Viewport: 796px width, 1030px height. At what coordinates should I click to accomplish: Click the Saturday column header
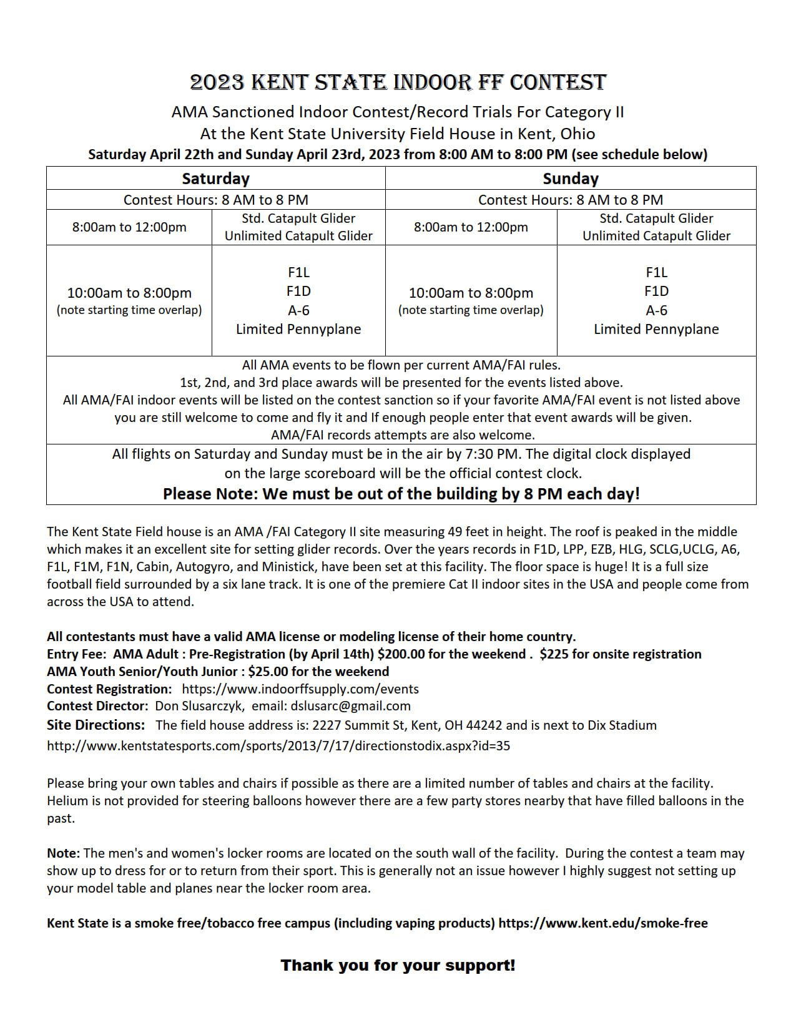pos(215,179)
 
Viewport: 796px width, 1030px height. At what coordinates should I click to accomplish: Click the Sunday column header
pos(570,179)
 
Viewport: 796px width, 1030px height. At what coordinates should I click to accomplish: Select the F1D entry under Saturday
pos(298,292)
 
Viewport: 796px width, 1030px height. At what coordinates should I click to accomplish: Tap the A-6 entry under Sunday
pos(656,310)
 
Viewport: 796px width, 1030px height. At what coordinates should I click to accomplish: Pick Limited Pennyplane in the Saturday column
pos(298,329)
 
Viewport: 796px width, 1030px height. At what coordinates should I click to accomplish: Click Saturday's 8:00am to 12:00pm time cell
pos(129,227)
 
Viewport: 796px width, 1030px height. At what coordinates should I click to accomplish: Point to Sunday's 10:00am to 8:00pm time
pos(471,293)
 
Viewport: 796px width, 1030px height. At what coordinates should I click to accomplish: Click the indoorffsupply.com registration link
pos(300,689)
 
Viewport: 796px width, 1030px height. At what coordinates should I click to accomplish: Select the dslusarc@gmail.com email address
pos(350,706)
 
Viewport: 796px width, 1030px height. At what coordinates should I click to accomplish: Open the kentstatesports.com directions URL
pos(278,745)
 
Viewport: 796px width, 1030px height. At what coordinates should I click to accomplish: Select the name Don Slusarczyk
pos(199,706)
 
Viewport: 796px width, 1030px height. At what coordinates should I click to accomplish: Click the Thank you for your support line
pos(398,965)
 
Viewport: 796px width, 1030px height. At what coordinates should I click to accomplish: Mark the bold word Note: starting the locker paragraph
pos(63,853)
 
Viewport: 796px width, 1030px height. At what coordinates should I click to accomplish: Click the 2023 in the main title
pos(217,82)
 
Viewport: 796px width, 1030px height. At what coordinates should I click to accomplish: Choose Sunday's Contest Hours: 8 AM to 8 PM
pos(570,200)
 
